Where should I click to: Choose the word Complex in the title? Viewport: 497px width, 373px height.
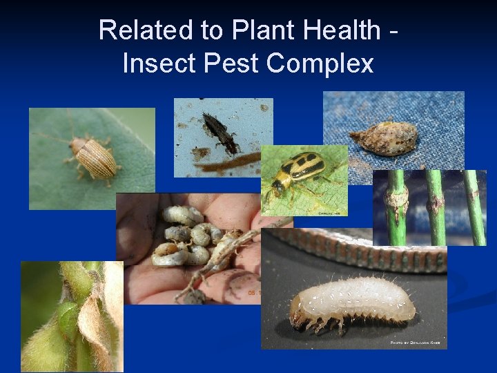pyautogui.click(x=320, y=64)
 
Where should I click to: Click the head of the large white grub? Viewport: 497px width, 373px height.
pyautogui.click(x=301, y=314)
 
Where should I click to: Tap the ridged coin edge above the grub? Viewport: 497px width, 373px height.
pyautogui.click(x=359, y=254)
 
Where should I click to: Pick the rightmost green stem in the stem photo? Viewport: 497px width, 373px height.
pyautogui.click(x=475, y=207)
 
